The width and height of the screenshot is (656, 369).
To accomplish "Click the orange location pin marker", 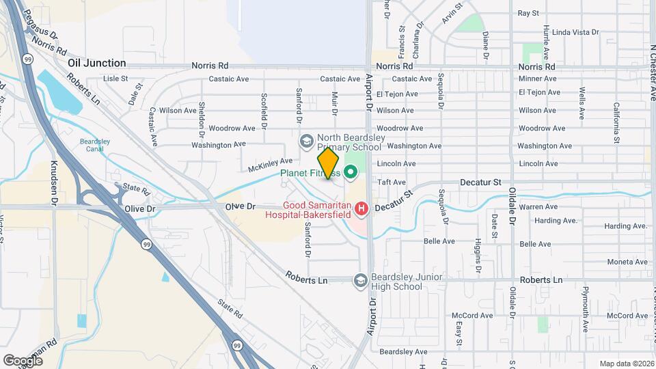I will click(x=328, y=163).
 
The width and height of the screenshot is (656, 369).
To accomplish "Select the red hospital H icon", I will click(x=361, y=208).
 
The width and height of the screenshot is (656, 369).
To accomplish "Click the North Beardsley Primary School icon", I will click(x=306, y=141).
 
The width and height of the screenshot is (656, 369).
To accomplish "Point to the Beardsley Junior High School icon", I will click(x=360, y=281).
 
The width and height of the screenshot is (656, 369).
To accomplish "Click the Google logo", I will click(x=23, y=360).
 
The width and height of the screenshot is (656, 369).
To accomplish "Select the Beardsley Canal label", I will click(x=90, y=146).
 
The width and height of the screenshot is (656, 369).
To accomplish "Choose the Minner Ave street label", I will click(x=537, y=79).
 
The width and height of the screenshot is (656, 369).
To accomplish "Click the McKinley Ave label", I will click(x=265, y=165).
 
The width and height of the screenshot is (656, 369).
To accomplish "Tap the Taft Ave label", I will click(x=392, y=182).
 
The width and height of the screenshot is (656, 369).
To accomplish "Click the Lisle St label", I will click(x=115, y=79).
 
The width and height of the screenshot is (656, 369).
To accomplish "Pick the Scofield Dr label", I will click(x=264, y=111).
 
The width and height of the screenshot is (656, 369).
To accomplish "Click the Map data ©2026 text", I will click(x=625, y=364).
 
